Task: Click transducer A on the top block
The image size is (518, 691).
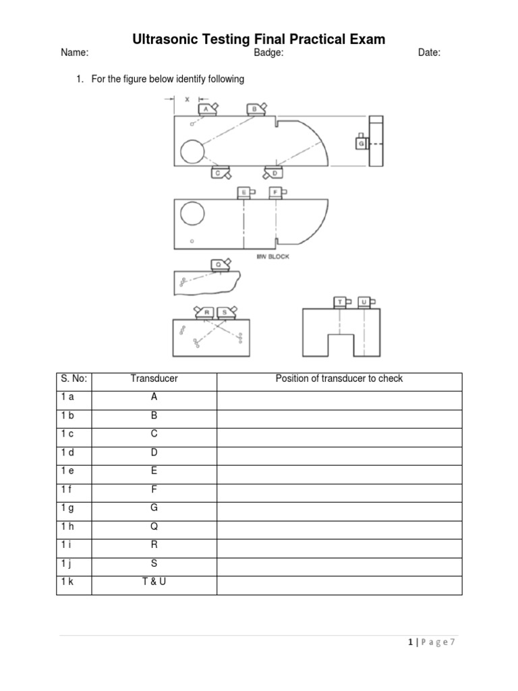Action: pyautogui.click(x=206, y=109)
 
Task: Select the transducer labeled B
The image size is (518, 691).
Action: pyautogui.click(x=256, y=109)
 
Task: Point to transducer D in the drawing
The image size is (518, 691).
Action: pyautogui.click(x=274, y=173)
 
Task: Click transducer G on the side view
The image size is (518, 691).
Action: pyautogui.click(x=362, y=144)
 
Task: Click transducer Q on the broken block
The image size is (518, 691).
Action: pyautogui.click(x=219, y=265)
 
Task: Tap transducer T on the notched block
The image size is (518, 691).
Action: pyautogui.click(x=341, y=302)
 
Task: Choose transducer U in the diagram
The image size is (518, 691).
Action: pyautogui.click(x=364, y=302)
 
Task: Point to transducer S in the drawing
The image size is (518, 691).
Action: pyautogui.click(x=225, y=312)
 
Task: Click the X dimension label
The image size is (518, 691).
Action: pyautogui.click(x=187, y=99)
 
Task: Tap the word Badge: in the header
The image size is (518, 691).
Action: pyautogui.click(x=268, y=53)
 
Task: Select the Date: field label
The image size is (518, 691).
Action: pyautogui.click(x=429, y=53)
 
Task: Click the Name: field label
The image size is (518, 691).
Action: pyautogui.click(x=74, y=53)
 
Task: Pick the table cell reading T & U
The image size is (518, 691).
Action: pyautogui.click(x=154, y=581)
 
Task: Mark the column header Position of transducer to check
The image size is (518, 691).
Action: pyautogui.click(x=339, y=379)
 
